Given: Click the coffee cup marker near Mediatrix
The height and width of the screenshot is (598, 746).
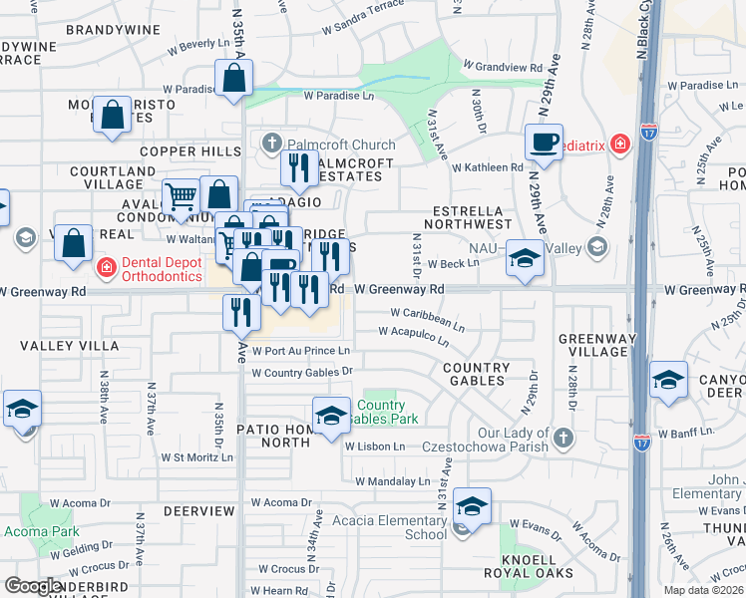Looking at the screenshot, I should (x=544, y=142).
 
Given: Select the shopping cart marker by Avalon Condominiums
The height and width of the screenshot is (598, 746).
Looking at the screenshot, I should (x=181, y=196).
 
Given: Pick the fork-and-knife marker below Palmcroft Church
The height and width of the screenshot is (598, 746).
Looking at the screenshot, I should (x=298, y=167).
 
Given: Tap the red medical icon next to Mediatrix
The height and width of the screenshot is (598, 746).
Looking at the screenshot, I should (x=620, y=144).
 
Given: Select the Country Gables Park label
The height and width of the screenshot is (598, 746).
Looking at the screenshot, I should (x=380, y=412).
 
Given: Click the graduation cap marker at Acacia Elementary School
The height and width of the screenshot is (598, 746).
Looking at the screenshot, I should (x=472, y=506).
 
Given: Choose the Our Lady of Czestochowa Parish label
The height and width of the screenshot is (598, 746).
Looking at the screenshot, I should (x=486, y=440).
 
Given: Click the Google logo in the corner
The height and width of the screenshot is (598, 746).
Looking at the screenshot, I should (x=33, y=586).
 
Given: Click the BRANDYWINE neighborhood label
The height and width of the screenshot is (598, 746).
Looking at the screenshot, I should (x=113, y=30).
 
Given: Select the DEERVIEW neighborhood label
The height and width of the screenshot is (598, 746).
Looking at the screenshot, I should (x=198, y=511).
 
